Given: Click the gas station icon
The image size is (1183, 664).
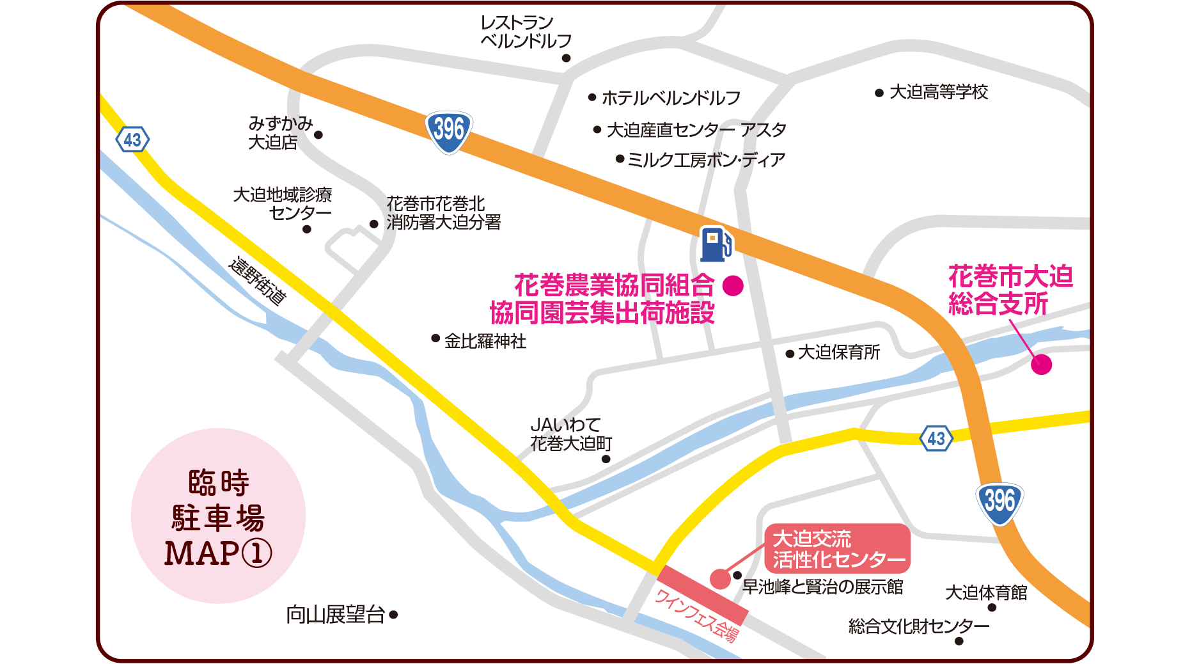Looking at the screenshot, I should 716,244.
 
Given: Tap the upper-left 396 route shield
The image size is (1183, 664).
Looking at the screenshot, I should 448,131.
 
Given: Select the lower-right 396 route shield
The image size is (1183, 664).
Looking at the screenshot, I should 999,502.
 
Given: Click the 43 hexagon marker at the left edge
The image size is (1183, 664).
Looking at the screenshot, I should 132,139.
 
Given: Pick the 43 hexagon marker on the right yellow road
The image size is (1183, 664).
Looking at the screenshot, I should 936,438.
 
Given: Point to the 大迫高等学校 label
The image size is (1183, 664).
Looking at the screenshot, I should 939,92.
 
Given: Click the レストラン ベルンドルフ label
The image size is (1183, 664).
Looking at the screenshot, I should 526,32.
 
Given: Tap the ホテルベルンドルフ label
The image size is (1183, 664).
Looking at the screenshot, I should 671,98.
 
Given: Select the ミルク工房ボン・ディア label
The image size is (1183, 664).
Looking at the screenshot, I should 706,159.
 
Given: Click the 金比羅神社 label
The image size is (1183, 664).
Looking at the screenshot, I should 485,341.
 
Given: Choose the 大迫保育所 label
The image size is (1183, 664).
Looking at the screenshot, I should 839,352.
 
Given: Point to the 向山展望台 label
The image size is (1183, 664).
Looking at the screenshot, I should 336,615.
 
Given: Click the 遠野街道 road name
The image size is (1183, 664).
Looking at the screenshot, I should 258,281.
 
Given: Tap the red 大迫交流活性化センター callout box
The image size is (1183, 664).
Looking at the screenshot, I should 837,549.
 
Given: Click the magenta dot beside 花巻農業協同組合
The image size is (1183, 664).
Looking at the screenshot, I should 733,285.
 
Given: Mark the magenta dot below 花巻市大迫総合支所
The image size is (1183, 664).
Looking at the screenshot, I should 1041,365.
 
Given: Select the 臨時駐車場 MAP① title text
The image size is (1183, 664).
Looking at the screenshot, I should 218,518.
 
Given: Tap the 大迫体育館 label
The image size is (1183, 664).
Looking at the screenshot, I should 986,592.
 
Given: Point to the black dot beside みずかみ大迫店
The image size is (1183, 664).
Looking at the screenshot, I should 318,135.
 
